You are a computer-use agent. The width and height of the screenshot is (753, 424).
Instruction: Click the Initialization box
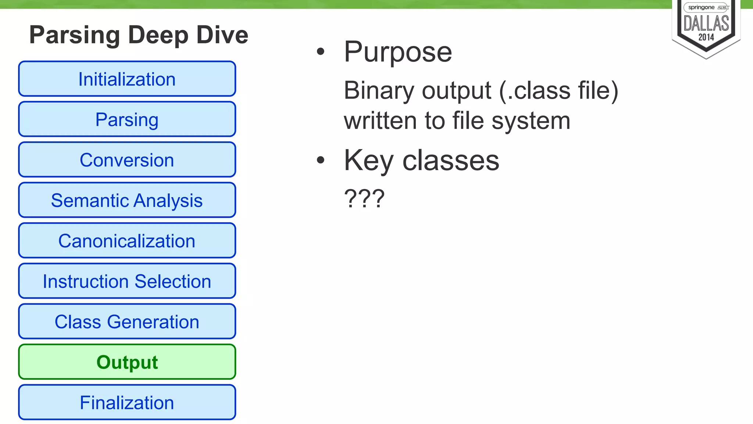coord(127,79)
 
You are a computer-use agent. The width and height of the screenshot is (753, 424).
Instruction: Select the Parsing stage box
coord(127,120)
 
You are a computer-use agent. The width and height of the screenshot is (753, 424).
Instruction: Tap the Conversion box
coord(127,160)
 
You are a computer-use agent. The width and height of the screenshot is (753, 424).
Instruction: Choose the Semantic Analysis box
coord(127,201)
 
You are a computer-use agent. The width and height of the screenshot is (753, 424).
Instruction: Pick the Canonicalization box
coord(127,241)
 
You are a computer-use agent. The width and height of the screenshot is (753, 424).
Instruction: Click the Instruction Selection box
coord(127,282)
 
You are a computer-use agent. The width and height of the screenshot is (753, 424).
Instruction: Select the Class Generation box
coord(127,322)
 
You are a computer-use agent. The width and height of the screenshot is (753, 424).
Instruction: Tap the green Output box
coord(127,362)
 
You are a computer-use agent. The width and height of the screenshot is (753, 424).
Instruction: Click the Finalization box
coord(127,403)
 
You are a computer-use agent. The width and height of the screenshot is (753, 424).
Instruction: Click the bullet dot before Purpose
coord(321,52)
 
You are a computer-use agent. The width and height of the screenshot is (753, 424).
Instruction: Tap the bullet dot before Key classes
coord(321,160)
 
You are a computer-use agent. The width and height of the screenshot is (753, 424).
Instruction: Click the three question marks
coord(364,199)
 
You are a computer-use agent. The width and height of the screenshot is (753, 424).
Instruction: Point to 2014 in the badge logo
coord(706,38)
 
